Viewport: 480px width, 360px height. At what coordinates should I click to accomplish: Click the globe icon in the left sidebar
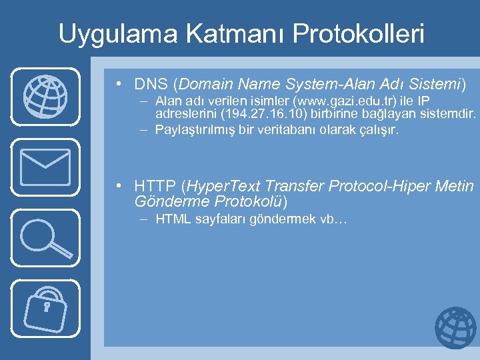(45, 96)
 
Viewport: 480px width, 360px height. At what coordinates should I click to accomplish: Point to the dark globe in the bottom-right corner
(455, 328)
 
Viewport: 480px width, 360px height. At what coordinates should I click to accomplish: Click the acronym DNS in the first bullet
(151, 85)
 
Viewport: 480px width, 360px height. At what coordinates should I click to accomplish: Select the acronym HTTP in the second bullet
(155, 185)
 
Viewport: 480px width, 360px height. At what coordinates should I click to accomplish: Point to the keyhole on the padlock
(47, 307)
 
